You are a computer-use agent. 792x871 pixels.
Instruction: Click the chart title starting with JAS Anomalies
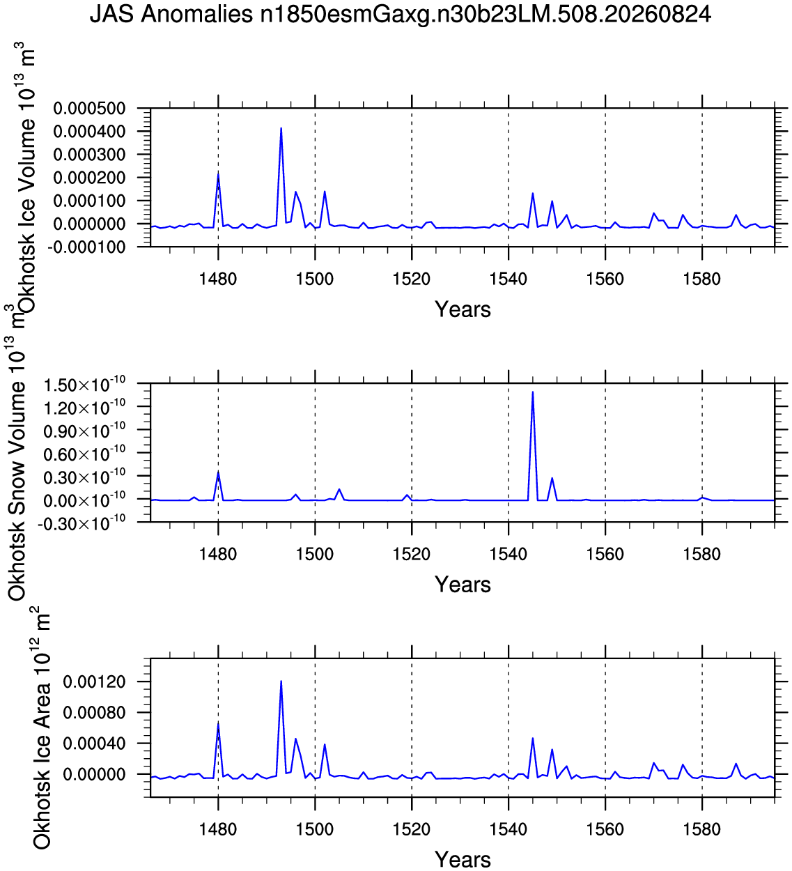click(x=400, y=15)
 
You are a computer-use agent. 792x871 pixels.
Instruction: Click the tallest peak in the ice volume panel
click(x=281, y=128)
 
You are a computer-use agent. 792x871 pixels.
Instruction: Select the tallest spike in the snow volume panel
click(x=532, y=392)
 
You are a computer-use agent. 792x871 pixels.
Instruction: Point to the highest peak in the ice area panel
click(x=281, y=681)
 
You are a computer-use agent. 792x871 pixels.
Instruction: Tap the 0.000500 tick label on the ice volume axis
click(x=89, y=109)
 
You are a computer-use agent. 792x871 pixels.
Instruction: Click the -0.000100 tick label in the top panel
click(x=86, y=247)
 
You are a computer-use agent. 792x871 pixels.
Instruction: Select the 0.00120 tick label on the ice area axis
click(x=94, y=682)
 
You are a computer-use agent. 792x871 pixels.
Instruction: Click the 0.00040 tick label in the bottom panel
click(x=94, y=743)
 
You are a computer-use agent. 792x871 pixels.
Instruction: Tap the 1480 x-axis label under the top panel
click(x=218, y=279)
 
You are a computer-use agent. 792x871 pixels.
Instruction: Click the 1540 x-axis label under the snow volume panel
click(x=508, y=554)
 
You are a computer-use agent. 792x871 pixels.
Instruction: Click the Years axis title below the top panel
click(x=463, y=309)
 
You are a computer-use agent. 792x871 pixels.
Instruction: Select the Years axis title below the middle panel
click(x=463, y=585)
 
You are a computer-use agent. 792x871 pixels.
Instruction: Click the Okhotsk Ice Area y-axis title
click(x=42, y=730)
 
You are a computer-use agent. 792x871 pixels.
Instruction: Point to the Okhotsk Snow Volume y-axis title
click(x=17, y=452)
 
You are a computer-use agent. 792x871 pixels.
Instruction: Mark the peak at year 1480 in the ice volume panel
click(x=218, y=174)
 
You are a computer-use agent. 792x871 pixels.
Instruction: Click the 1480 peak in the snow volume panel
click(x=218, y=472)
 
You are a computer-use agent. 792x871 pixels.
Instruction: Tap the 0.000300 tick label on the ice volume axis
click(x=89, y=155)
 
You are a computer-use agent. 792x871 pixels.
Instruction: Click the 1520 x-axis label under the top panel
click(x=411, y=279)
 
